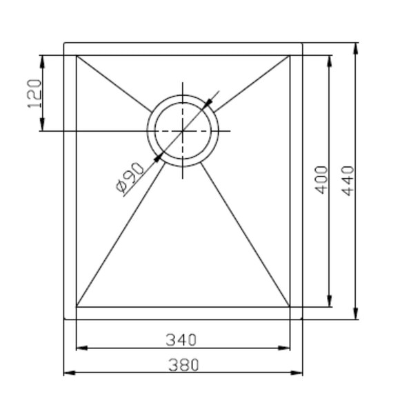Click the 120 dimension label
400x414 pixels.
pyautogui.click(x=34, y=94)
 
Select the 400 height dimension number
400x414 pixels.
pyautogui.click(x=321, y=180)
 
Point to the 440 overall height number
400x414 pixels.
pyautogui.click(x=348, y=181)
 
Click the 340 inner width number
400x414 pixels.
pyautogui.click(x=181, y=340)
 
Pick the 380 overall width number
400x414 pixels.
pyautogui.click(x=183, y=365)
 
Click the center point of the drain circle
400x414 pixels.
pyautogui.click(x=183, y=130)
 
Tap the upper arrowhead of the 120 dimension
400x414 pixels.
pyautogui.click(x=42, y=61)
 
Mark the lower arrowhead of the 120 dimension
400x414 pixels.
pyautogui.click(x=42, y=125)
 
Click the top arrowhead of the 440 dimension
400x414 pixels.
pyautogui.click(x=356, y=48)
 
